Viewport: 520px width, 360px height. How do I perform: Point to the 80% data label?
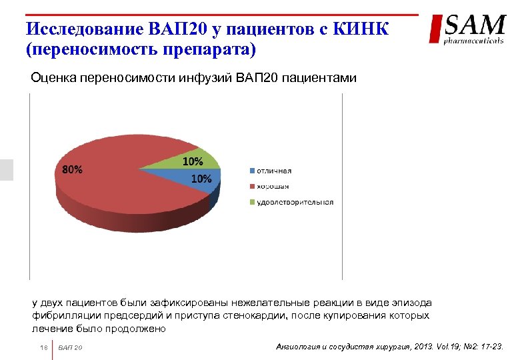click(x=73, y=169)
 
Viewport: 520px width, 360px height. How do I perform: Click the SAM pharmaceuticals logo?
click(x=467, y=29)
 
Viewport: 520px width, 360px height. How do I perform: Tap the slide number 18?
click(x=43, y=348)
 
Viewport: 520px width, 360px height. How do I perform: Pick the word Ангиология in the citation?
click(x=299, y=347)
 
